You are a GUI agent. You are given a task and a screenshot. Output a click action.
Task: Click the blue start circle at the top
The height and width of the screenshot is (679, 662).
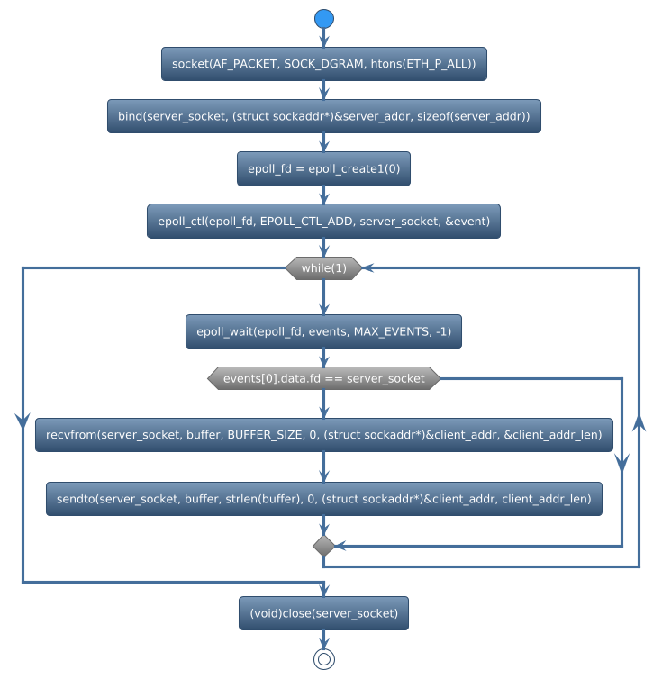pyautogui.click(x=324, y=19)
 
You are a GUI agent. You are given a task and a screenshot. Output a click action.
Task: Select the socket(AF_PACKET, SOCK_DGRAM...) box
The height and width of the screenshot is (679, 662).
pyautogui.click(x=324, y=64)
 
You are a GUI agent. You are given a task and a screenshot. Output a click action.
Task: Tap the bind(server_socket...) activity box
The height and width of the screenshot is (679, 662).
pyautogui.click(x=324, y=116)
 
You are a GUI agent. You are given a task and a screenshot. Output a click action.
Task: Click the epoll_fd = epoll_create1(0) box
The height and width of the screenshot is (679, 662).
pyautogui.click(x=324, y=168)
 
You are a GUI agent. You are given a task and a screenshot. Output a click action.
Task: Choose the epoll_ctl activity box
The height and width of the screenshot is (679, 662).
pyautogui.click(x=324, y=221)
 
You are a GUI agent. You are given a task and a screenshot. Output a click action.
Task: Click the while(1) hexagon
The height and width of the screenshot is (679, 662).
pyautogui.click(x=324, y=268)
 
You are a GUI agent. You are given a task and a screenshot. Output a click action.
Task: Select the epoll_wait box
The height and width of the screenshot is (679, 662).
pyautogui.click(x=324, y=331)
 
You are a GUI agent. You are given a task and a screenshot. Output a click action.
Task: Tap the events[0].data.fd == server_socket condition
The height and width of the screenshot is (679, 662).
pyautogui.click(x=324, y=379)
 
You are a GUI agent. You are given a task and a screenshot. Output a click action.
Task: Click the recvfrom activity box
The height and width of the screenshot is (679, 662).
pyautogui.click(x=324, y=435)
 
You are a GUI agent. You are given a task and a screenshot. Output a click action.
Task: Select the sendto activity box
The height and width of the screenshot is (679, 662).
pyautogui.click(x=324, y=499)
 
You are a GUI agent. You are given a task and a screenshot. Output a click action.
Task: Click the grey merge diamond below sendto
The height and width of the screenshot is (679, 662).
pyautogui.click(x=324, y=546)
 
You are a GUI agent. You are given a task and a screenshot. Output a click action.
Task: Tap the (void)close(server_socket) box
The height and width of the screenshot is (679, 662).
pyautogui.click(x=324, y=613)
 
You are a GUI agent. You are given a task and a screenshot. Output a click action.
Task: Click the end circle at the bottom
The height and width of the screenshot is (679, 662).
pyautogui.click(x=324, y=659)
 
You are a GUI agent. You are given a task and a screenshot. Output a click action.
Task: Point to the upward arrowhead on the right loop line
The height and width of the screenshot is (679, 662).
pyautogui.click(x=639, y=424)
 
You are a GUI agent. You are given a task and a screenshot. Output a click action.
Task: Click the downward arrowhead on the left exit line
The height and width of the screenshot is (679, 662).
pyautogui.click(x=22, y=420)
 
